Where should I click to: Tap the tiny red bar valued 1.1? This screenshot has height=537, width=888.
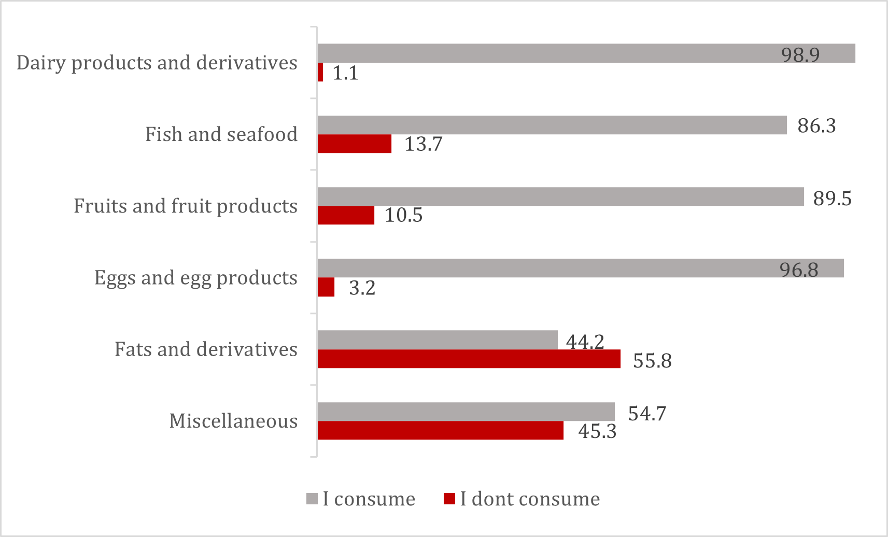point(320,73)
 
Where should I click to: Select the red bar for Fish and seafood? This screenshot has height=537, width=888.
point(355,144)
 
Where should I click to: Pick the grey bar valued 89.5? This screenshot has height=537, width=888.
point(560,197)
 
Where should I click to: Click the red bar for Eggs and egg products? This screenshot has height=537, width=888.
point(326,287)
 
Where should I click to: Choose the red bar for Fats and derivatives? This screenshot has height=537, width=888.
point(469,359)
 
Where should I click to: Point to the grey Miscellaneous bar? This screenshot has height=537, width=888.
point(466,412)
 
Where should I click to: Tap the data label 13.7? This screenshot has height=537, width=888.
point(423,144)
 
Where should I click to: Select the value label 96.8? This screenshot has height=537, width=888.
point(799,270)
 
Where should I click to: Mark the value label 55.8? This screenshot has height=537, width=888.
point(652,361)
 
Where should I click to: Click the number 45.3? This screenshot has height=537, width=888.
point(597,431)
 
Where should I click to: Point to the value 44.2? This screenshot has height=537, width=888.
point(585,342)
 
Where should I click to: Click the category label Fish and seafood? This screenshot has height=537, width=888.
point(221,134)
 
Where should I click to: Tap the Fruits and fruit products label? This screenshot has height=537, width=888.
point(186,206)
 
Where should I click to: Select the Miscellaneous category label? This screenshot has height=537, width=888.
point(233,421)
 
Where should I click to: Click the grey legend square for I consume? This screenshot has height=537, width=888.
point(312,499)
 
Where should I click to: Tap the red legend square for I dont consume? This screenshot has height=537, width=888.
point(449,499)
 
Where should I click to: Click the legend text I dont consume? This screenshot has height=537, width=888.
point(530,499)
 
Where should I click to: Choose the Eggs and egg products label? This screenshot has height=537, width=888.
point(196,278)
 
